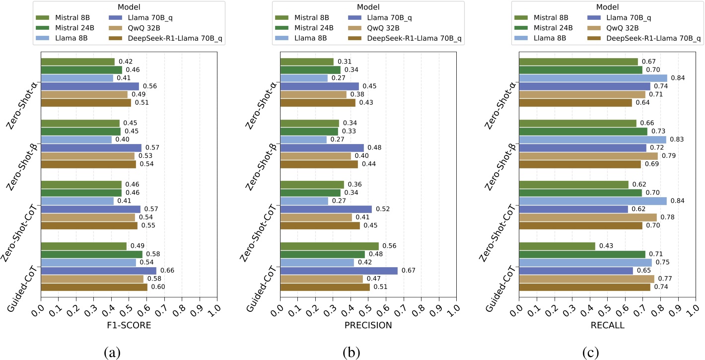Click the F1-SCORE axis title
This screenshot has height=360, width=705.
point(129,325)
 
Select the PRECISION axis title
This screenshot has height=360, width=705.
point(368,325)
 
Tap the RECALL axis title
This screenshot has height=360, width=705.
point(607,325)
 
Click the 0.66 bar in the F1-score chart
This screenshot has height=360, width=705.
point(98,271)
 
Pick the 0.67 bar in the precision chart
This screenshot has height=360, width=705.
point(339,271)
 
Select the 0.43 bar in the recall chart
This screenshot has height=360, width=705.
point(557,246)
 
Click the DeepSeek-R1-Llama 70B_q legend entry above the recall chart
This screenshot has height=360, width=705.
point(647,38)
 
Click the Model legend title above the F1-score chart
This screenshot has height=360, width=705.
point(129,7)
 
